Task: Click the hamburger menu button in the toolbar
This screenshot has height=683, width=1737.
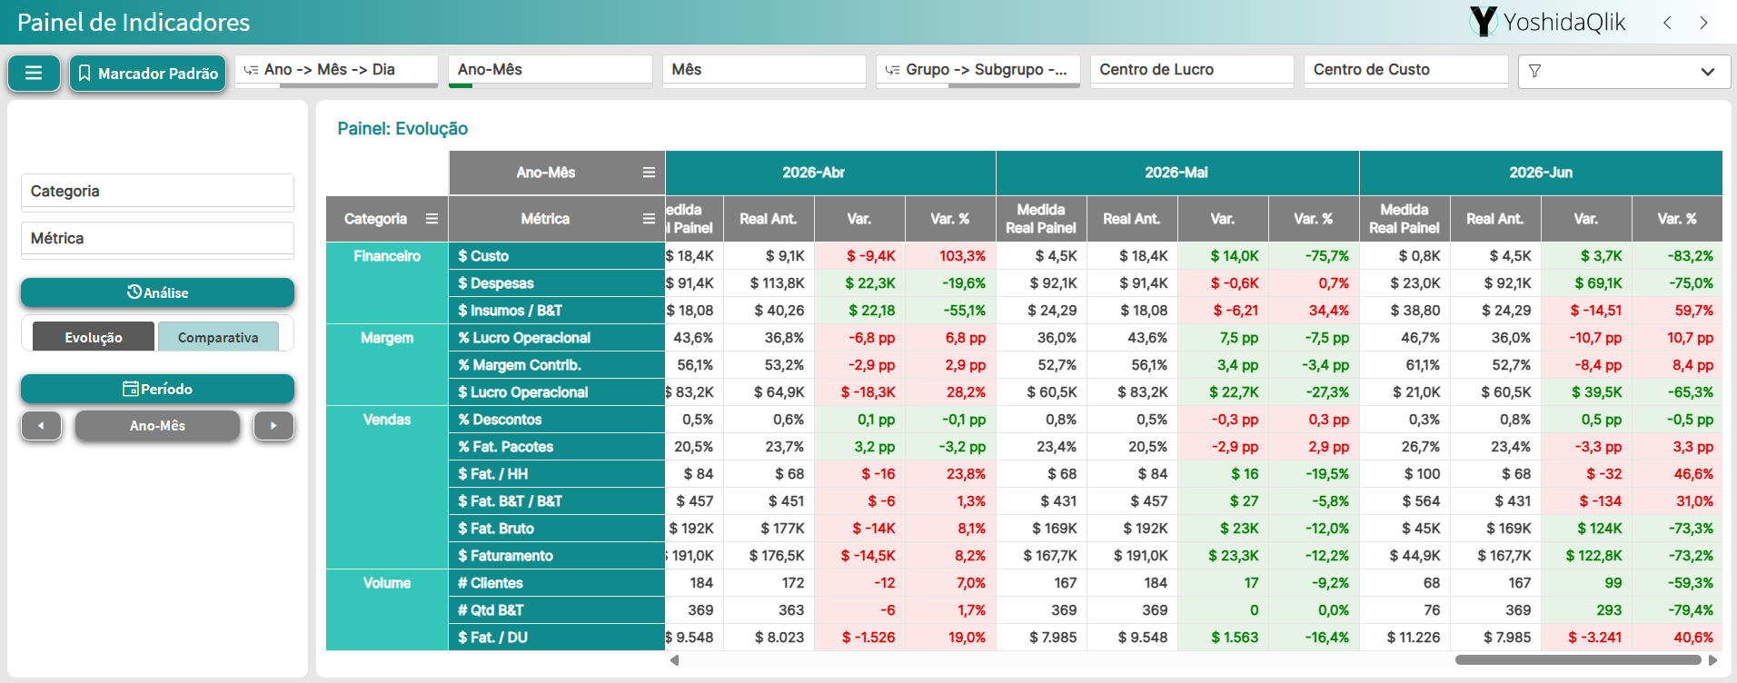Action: [x=34, y=73]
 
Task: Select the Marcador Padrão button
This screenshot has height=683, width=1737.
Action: [x=148, y=74]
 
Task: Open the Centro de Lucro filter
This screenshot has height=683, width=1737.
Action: [x=1192, y=70]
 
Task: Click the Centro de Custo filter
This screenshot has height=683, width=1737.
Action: [x=1405, y=70]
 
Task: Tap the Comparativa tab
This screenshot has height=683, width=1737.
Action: [x=218, y=337]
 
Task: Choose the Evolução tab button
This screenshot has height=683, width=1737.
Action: [x=94, y=337]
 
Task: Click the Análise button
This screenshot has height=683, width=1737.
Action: [x=157, y=292]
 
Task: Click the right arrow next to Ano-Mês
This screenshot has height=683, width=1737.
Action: [x=273, y=425]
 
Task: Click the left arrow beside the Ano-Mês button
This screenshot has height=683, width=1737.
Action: [x=41, y=425]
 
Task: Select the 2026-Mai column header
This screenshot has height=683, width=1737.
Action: [x=1176, y=173]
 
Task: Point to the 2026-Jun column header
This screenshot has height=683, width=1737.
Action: [x=1541, y=173]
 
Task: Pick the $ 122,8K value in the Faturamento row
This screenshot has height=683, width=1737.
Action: [x=1593, y=556]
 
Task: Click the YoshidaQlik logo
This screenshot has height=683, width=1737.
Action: [x=1547, y=22]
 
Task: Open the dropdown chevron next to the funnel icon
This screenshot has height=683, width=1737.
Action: [x=1708, y=72]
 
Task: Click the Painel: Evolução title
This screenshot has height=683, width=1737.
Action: [x=402, y=129]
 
